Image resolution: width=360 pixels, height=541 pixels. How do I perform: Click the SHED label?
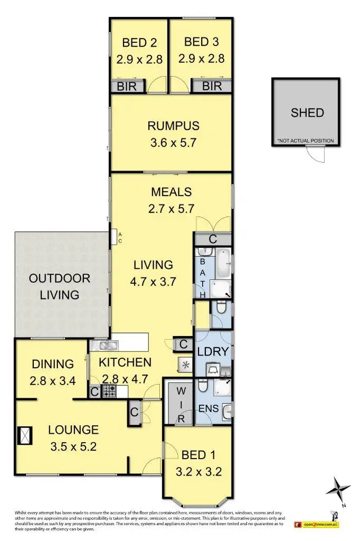click(x=306, y=113)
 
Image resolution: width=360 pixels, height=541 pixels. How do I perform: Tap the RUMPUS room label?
click(x=173, y=126)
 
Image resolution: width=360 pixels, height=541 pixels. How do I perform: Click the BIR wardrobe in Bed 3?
click(x=211, y=86)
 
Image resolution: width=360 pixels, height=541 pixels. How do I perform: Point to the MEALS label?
click(x=171, y=191)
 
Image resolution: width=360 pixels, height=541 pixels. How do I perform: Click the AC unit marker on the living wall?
click(x=114, y=238)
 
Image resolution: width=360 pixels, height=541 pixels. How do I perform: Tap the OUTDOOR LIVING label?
click(x=59, y=286)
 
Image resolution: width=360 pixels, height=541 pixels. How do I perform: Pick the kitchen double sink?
click(x=106, y=346)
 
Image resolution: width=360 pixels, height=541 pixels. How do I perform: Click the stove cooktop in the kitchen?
click(x=109, y=391)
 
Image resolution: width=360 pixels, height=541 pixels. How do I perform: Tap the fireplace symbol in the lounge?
click(x=24, y=436)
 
